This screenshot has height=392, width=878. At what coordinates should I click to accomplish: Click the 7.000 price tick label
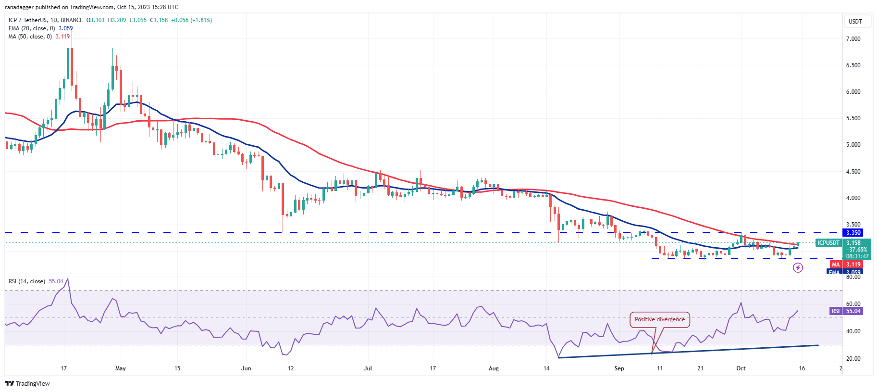(x=853, y=39)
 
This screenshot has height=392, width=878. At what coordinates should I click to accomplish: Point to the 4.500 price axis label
(x=853, y=172)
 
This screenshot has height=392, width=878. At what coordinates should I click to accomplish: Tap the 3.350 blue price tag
(x=853, y=233)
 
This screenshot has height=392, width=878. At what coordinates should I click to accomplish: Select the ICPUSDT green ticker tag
(x=829, y=243)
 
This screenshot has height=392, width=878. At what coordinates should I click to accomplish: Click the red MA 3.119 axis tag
(x=853, y=265)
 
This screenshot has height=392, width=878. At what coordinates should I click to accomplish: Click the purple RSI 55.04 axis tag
(x=853, y=311)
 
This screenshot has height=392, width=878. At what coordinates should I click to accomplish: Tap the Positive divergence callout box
(x=659, y=319)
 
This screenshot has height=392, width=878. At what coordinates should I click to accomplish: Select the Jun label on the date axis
(x=246, y=368)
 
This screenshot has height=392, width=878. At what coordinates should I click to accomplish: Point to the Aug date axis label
(x=494, y=368)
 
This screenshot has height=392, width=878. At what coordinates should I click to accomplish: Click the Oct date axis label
(x=741, y=368)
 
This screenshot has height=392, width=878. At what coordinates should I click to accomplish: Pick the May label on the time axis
(x=121, y=368)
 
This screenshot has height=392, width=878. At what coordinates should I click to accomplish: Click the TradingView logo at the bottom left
(x=27, y=383)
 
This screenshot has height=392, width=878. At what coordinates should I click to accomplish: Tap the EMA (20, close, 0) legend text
(x=32, y=28)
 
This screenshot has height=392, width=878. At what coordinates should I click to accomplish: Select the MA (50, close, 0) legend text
(x=30, y=37)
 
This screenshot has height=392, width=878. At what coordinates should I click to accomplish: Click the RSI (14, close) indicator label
(x=27, y=281)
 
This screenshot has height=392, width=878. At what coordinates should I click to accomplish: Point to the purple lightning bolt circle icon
(x=798, y=267)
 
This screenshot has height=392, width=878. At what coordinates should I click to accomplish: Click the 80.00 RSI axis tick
(x=853, y=277)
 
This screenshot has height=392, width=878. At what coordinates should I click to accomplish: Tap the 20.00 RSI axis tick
(x=853, y=359)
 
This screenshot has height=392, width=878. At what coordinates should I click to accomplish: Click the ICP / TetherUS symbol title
(x=29, y=20)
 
